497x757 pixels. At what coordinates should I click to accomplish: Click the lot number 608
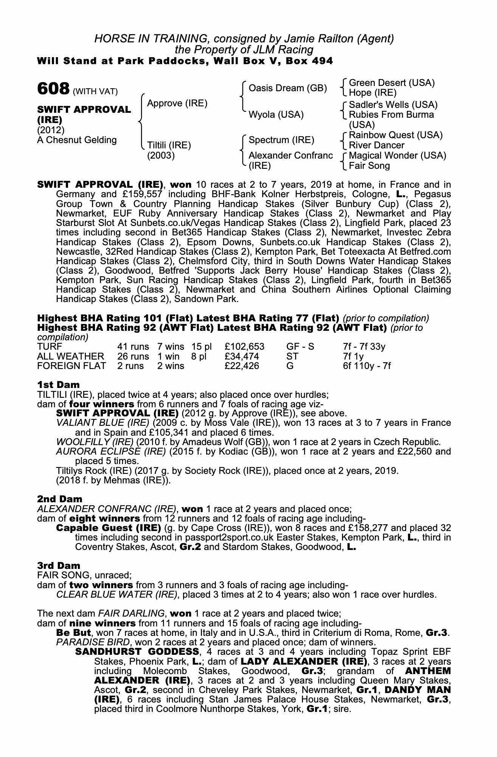tap(53, 89)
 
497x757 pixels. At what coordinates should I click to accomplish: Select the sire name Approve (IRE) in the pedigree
tap(177, 103)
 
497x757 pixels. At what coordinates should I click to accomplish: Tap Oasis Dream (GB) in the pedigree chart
tap(287, 88)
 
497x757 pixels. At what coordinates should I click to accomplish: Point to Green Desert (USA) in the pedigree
tap(391, 83)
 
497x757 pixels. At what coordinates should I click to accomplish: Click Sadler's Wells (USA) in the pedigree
tap(393, 105)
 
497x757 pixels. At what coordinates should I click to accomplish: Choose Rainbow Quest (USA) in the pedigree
tap(395, 135)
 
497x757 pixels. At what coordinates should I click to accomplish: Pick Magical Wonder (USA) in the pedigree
tap(397, 156)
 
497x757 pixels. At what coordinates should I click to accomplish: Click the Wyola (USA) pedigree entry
tap(276, 115)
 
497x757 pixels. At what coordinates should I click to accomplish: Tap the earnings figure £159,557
tap(140, 194)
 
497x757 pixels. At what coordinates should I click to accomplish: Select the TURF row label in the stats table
tap(50, 347)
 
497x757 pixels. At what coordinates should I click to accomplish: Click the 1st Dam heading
tap(58, 385)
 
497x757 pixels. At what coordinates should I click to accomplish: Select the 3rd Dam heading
tap(59, 565)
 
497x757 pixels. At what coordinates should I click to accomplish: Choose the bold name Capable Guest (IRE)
tap(108, 528)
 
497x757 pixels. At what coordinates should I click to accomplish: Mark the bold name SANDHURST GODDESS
tap(137, 651)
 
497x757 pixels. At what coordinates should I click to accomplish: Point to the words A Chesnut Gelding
tap(77, 140)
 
